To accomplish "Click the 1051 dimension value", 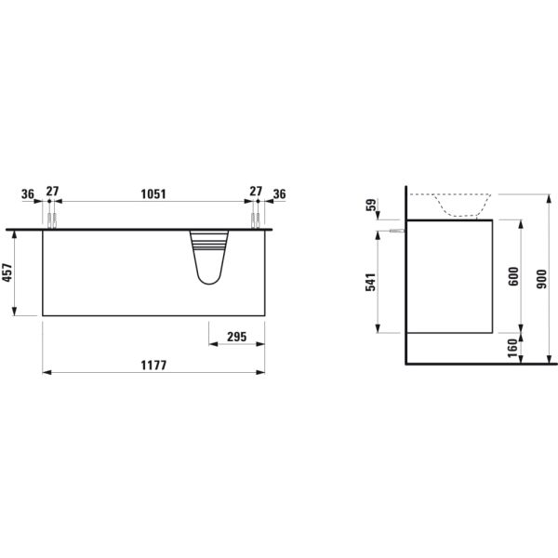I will tap(153, 193).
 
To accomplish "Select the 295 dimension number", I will tap(236, 338).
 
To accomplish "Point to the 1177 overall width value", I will tap(153, 365).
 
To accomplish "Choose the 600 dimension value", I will tap(512, 276).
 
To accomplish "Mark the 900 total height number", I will tap(544, 276).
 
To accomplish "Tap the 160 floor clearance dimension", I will tap(512, 348).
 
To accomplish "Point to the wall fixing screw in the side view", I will tap(397, 230).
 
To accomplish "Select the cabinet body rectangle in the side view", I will tap(449, 275).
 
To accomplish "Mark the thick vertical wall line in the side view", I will tap(405, 279).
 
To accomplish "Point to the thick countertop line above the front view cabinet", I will tap(139, 228).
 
